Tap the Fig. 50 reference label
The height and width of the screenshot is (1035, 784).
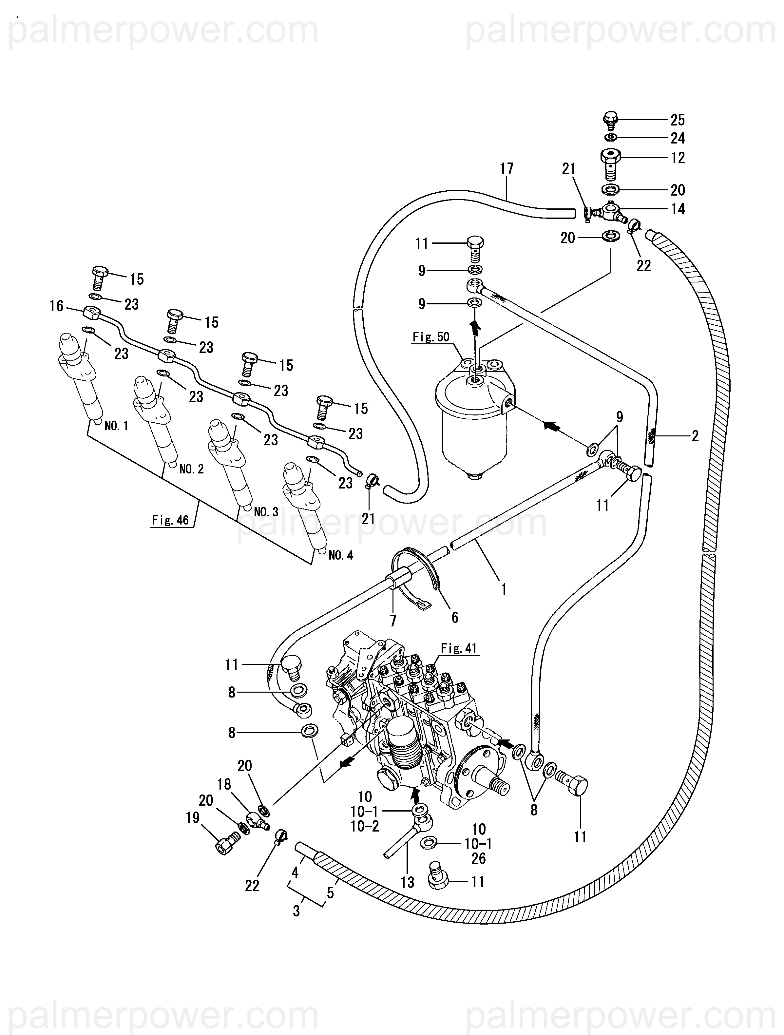431,336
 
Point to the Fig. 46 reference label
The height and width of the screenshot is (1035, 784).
170,520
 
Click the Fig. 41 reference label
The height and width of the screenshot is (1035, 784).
458,648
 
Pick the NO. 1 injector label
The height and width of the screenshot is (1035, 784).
117,425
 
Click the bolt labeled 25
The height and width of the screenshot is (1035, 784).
610,120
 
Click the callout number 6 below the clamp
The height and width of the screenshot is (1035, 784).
455,618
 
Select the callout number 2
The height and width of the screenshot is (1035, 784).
695,436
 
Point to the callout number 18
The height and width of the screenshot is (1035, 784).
224,784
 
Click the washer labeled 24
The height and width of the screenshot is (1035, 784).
610,138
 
